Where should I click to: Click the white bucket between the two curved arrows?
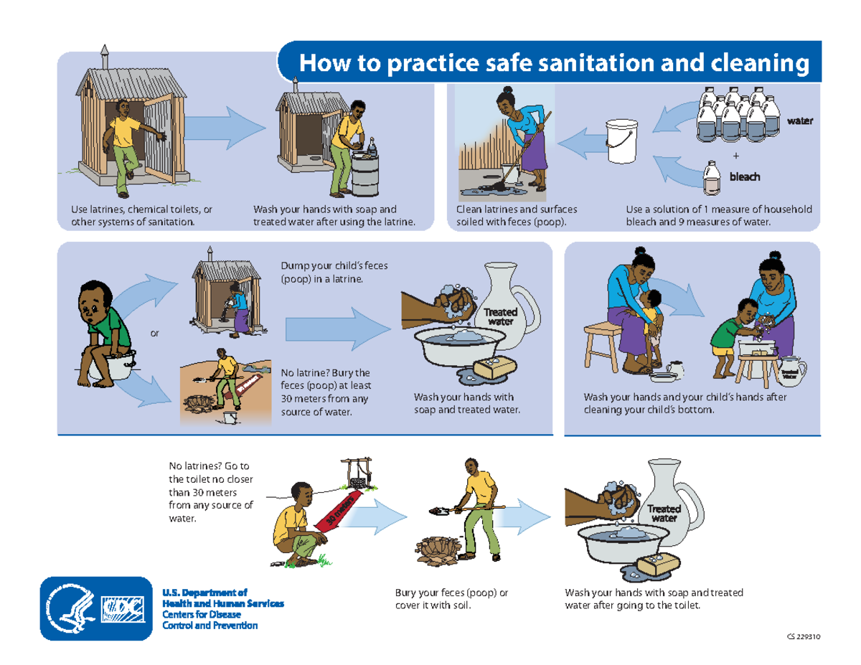(621, 140)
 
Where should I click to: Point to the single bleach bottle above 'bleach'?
(712, 177)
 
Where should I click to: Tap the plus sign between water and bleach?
(735, 156)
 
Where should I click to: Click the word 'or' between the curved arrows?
(154, 334)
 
